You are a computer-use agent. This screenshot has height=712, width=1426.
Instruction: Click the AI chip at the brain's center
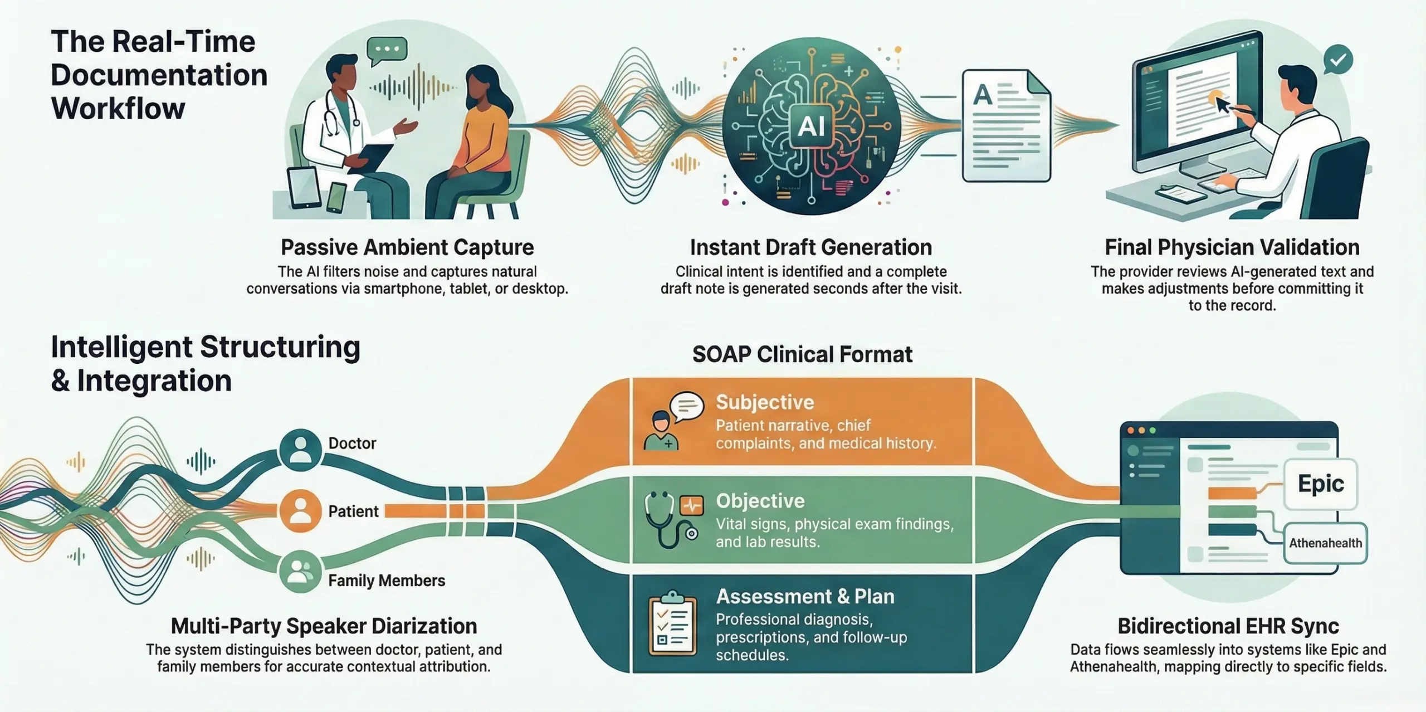pos(810,126)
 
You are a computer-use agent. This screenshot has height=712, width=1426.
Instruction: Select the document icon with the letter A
pos(1006,125)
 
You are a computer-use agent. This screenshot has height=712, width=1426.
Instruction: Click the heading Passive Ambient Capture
pos(407,247)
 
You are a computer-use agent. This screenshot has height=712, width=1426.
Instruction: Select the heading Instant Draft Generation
pos(810,247)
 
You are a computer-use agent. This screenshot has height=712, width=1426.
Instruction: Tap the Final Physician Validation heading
pos(1232,247)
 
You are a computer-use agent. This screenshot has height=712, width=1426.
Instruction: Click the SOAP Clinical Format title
pos(802,354)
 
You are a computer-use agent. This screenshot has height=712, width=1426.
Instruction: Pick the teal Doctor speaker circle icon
pos(301,450)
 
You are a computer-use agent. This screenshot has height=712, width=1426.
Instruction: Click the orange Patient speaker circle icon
pos(301,511)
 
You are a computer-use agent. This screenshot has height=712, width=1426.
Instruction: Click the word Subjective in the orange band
pos(765,402)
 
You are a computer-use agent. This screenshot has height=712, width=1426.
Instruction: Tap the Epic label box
pos(1320,484)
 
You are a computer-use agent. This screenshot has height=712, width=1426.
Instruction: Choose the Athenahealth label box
pos(1325,543)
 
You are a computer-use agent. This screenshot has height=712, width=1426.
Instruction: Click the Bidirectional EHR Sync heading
pos(1228,626)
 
